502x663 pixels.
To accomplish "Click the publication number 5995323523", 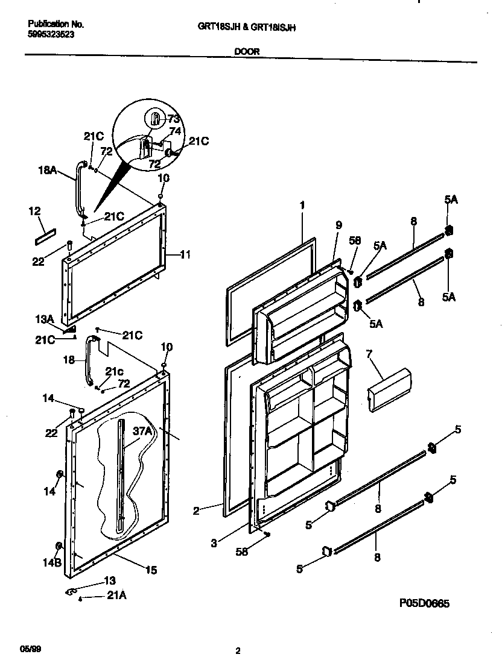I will coord(51,35).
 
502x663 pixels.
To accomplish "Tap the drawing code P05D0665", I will coord(424,602).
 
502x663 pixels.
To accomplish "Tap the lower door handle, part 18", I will coord(91,362).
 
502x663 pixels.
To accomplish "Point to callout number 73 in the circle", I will coord(174,119).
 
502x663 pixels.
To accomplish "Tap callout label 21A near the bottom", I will coord(118,596).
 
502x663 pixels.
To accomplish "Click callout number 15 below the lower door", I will coord(151,568).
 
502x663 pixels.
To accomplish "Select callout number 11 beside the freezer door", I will coord(185,255).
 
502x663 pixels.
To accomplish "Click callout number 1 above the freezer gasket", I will coord(302,205).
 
